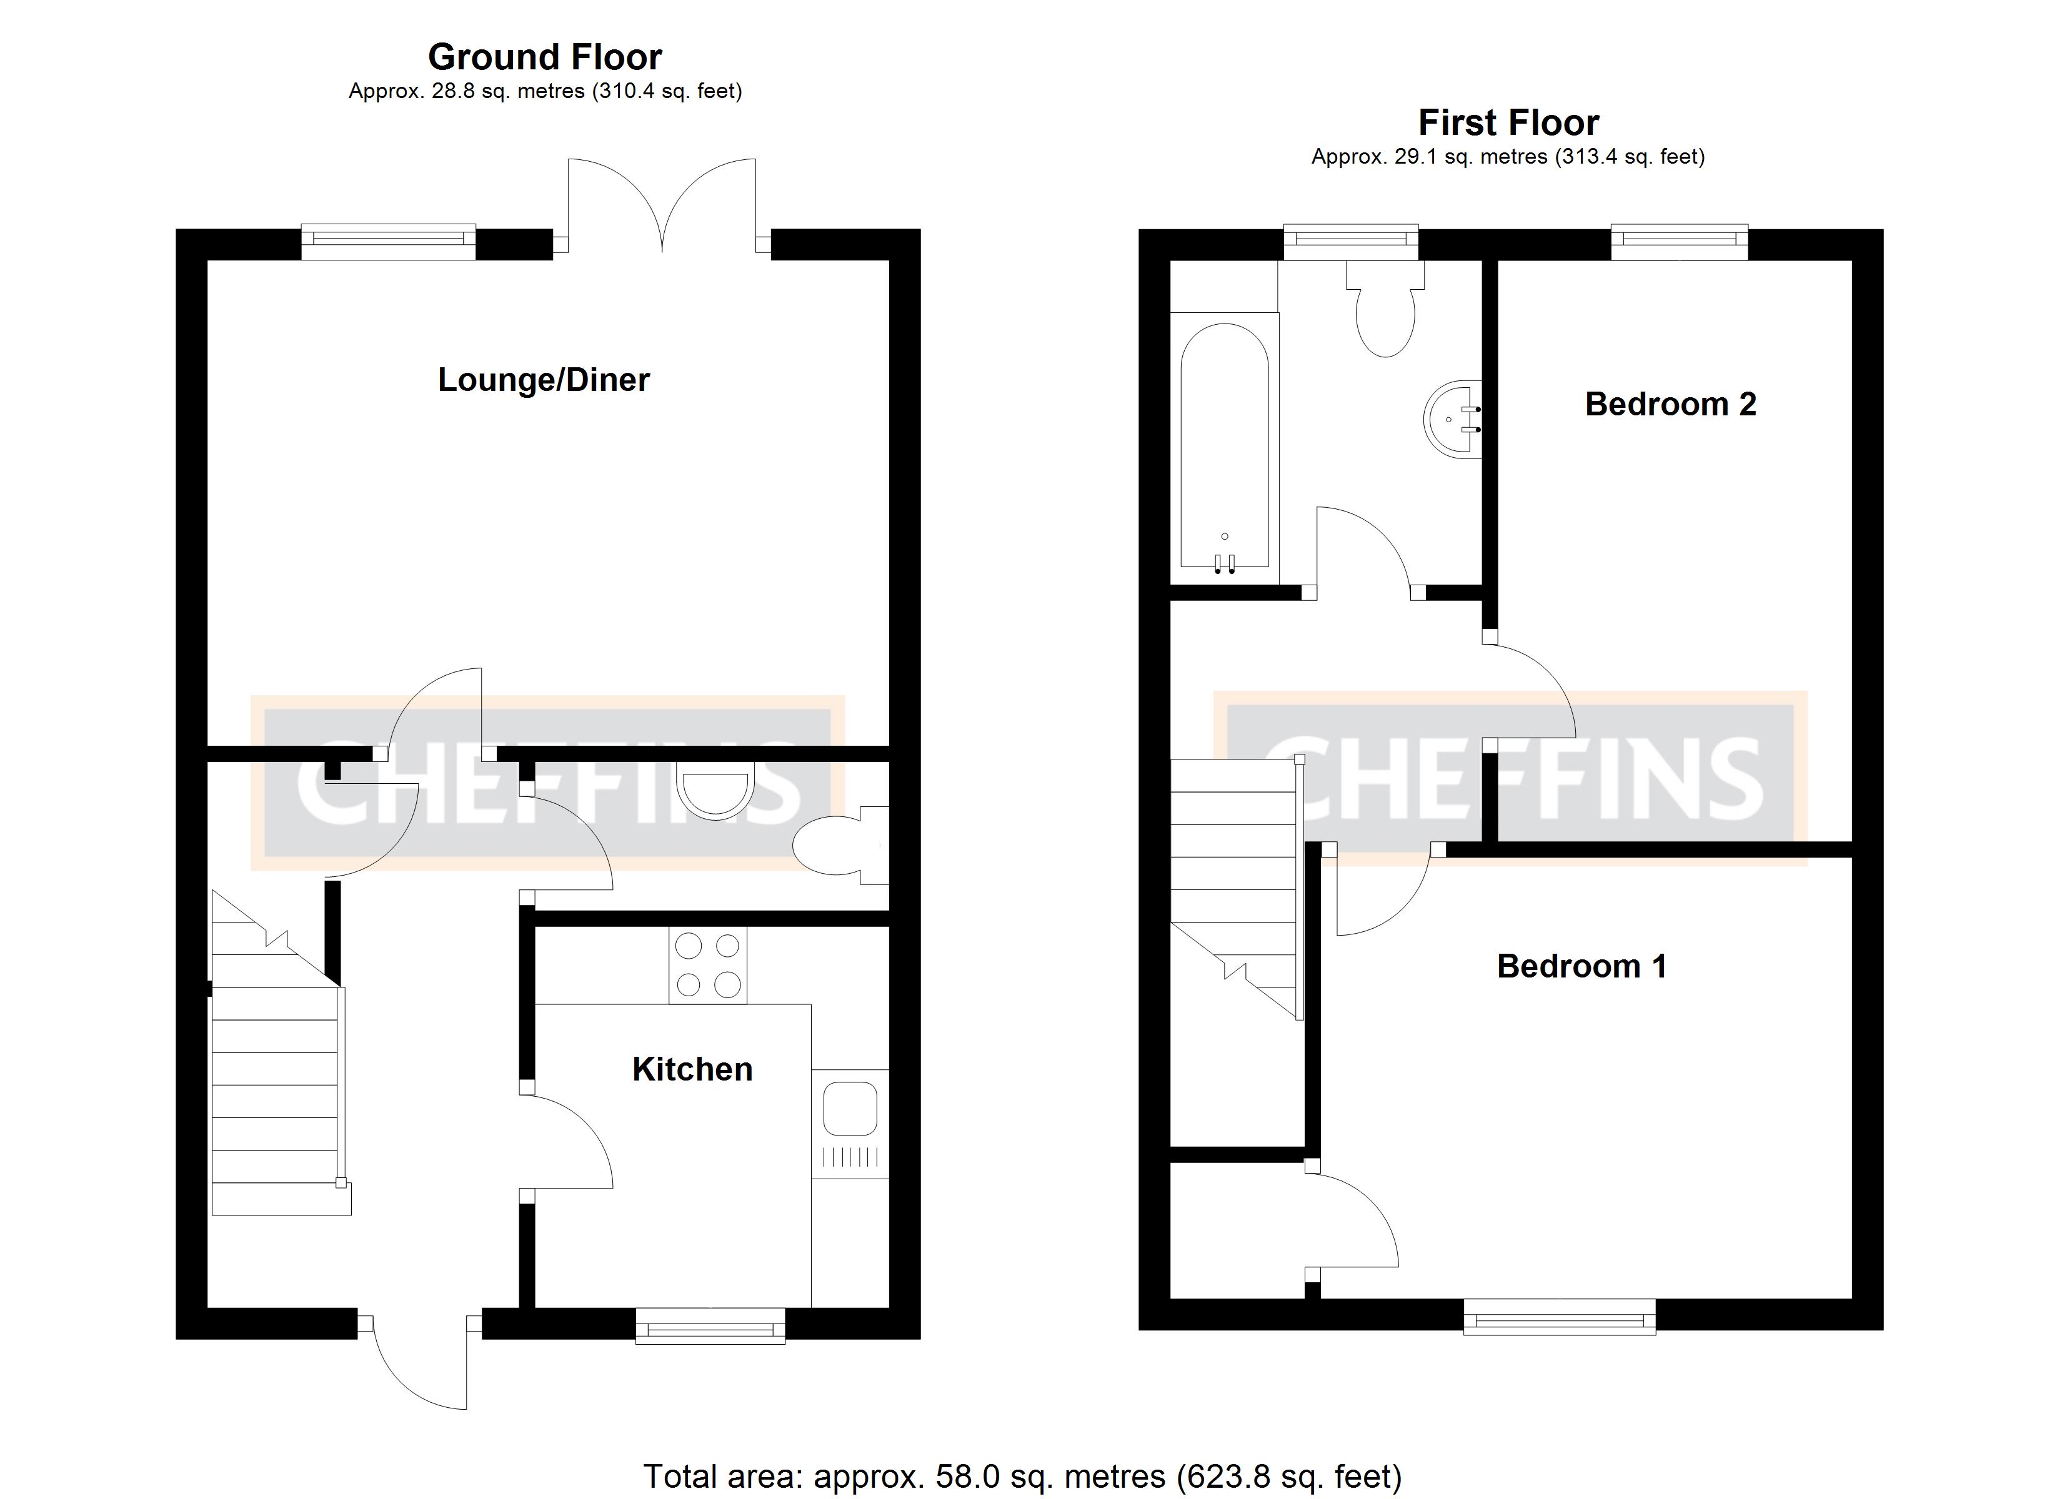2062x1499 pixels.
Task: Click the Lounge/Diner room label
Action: (544, 380)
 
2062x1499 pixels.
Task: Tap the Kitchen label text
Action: (692, 1069)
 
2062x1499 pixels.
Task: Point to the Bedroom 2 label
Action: (1670, 403)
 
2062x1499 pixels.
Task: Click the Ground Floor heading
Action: (545, 57)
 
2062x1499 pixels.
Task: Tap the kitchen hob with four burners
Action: (707, 966)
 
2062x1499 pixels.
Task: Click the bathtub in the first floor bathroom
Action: (1223, 447)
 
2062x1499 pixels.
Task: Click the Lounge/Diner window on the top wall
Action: (388, 240)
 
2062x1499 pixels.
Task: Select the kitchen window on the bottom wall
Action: (710, 1325)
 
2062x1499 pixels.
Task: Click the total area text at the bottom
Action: (1022, 1477)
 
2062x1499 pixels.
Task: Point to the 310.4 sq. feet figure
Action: (668, 91)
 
